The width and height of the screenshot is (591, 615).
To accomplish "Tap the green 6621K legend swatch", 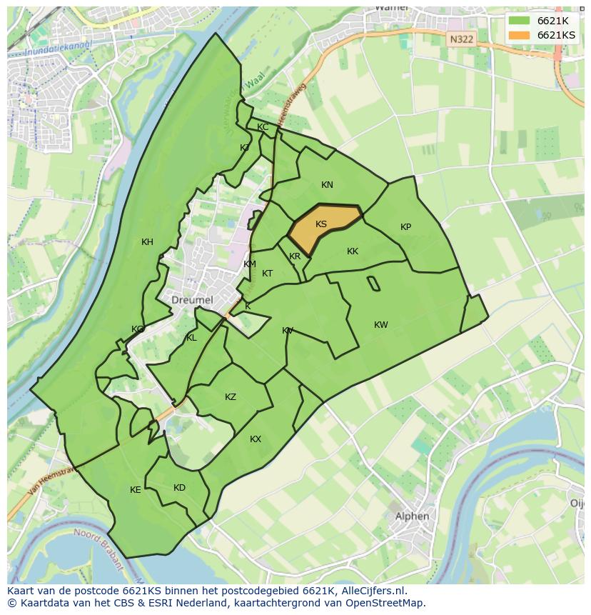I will pos(519,21).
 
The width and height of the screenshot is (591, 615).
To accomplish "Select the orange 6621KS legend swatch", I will pos(519,35).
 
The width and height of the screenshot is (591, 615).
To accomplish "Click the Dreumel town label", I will pos(192,300).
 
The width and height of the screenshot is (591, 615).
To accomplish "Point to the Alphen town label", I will pos(412,516).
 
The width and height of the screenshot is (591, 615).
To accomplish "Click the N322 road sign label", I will pos(461,40).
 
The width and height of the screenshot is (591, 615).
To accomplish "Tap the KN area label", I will pos(327,185).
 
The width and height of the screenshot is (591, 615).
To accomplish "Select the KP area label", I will pos(405,227).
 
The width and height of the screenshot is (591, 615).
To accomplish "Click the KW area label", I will pos(381,325).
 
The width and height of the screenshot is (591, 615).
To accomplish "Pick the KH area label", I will pos(147,242).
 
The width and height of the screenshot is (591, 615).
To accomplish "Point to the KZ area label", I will pos(231,397).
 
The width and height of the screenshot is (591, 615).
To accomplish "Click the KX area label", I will pos(256,439).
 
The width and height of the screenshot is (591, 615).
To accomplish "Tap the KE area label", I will pos(136,490).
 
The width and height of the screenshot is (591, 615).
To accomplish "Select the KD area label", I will pos(179,488).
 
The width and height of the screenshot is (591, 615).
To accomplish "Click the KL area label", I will pos(191,338).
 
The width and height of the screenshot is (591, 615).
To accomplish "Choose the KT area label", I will pos(267,274).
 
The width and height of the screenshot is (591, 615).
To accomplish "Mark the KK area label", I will pos(353,251).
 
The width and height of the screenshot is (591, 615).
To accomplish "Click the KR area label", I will pos(295,256).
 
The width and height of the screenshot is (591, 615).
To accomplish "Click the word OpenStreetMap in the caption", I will pos(386,603).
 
